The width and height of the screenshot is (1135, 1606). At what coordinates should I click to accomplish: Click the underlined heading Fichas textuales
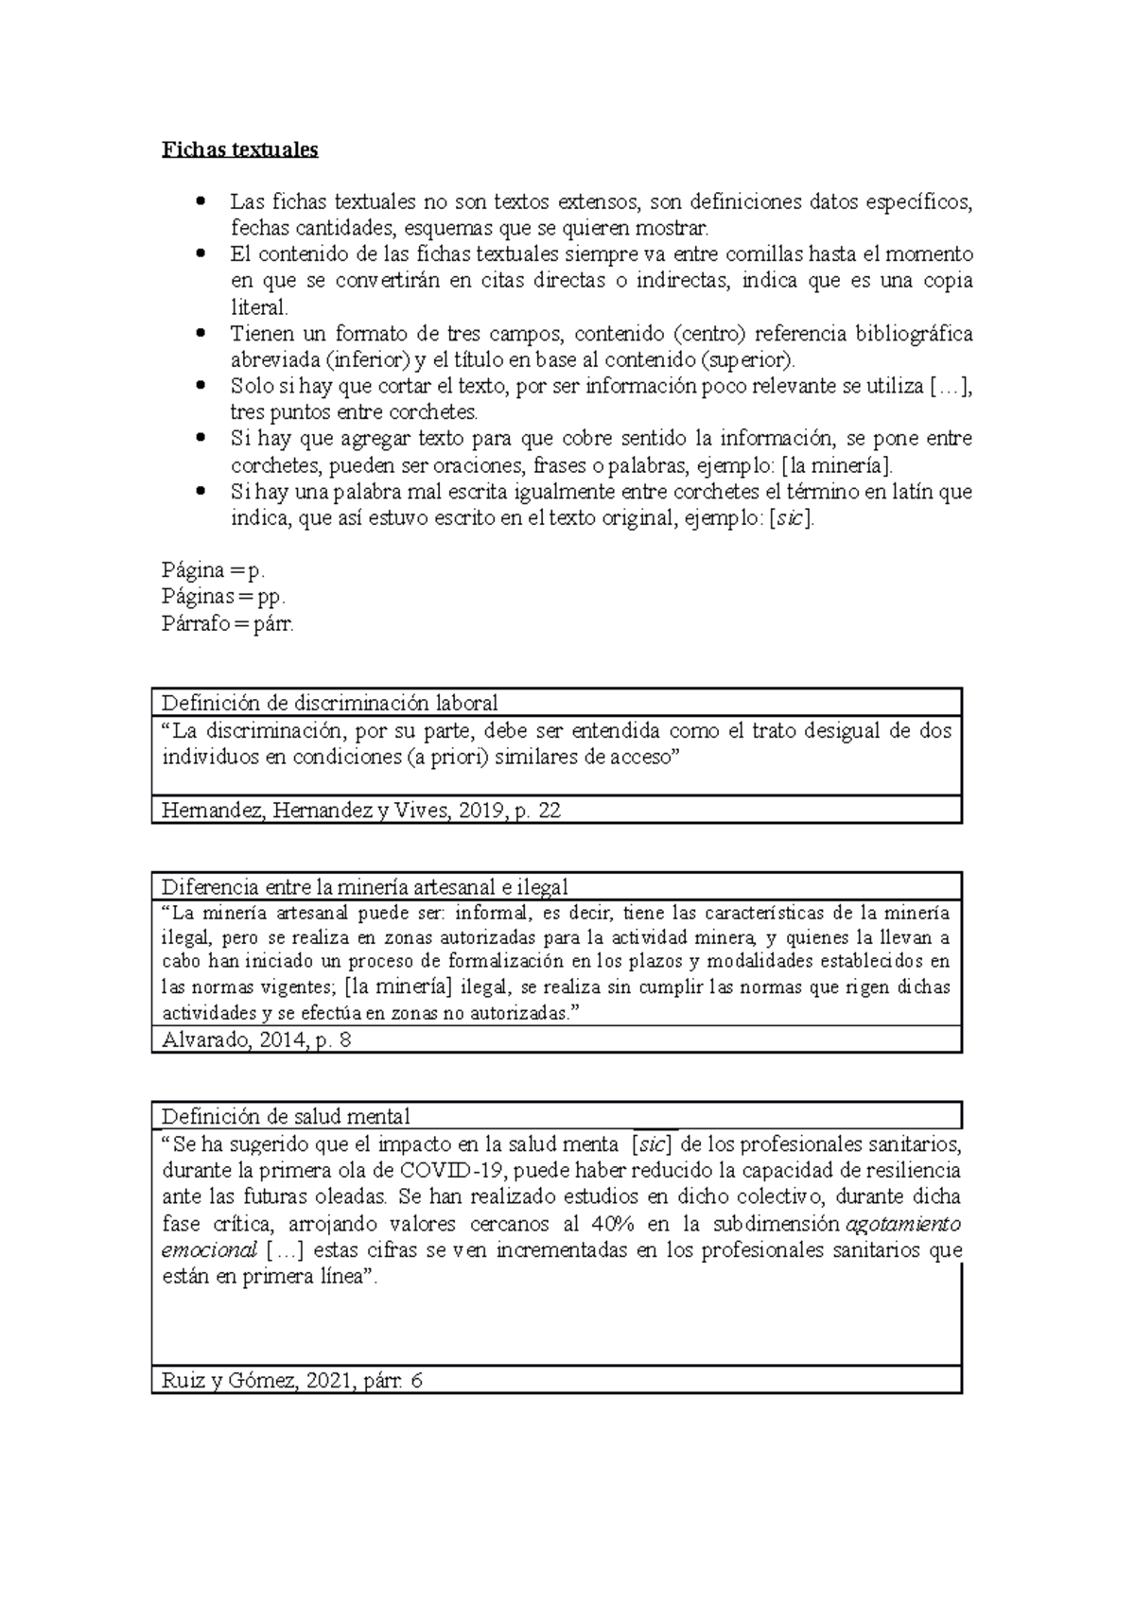239,149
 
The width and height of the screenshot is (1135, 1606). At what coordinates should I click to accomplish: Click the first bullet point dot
199,201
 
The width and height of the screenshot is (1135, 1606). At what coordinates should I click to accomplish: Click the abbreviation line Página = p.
214,570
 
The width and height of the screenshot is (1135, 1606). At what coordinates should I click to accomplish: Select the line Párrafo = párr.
228,624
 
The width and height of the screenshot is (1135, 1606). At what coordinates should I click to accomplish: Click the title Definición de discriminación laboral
329,703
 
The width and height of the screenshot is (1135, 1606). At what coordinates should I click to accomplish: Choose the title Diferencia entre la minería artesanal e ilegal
364,887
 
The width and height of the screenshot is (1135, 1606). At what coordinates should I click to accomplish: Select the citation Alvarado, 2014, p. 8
256,1040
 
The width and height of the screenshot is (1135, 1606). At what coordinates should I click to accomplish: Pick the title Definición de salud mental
286,1116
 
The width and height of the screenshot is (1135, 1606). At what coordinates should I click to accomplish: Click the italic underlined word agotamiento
902,1224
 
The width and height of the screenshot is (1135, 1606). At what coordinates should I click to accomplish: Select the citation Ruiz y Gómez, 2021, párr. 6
291,1381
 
